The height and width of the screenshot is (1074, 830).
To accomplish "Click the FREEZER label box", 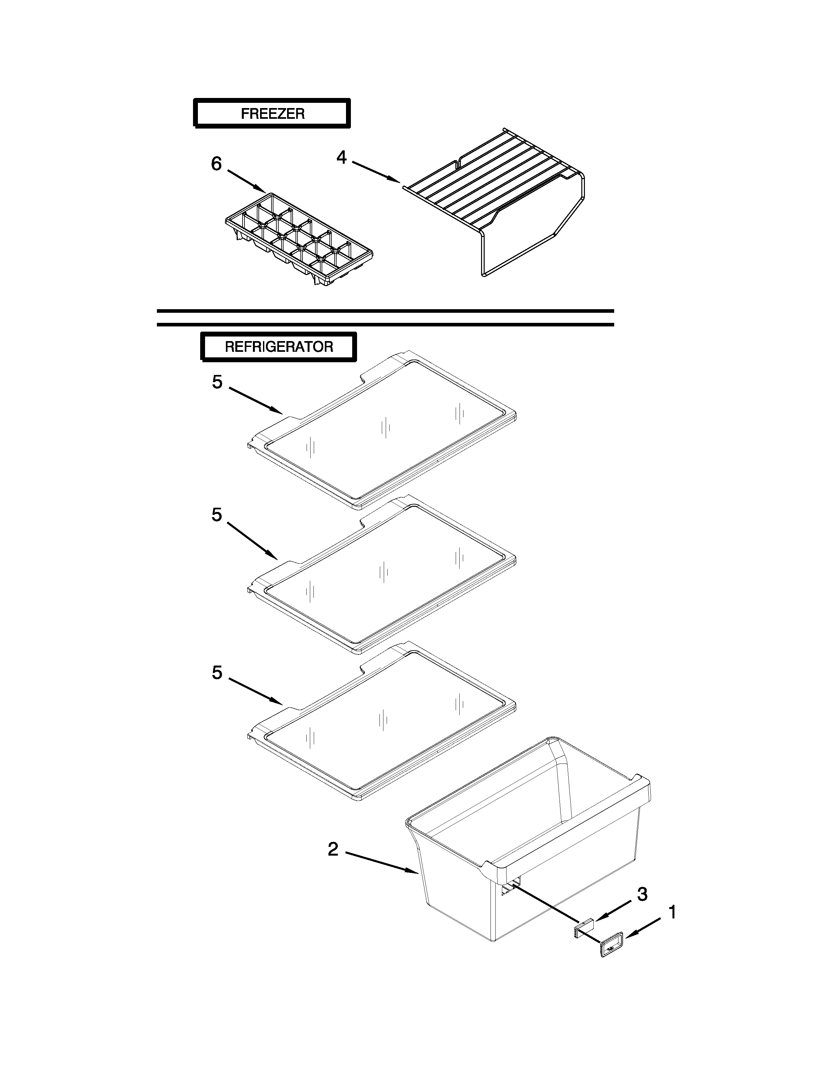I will click(272, 114).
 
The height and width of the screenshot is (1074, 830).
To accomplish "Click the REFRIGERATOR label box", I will click(278, 347).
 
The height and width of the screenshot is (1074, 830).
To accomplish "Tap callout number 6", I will click(216, 164).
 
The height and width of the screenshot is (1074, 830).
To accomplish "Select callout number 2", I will click(333, 849).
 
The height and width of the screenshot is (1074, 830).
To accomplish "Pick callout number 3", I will click(642, 894).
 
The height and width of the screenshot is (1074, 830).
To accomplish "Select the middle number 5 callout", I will click(217, 515).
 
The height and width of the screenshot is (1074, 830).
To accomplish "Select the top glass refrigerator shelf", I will click(383, 433).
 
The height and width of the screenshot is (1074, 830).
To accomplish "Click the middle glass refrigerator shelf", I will click(383, 575).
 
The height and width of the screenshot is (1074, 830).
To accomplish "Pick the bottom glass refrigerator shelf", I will click(383, 723).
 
